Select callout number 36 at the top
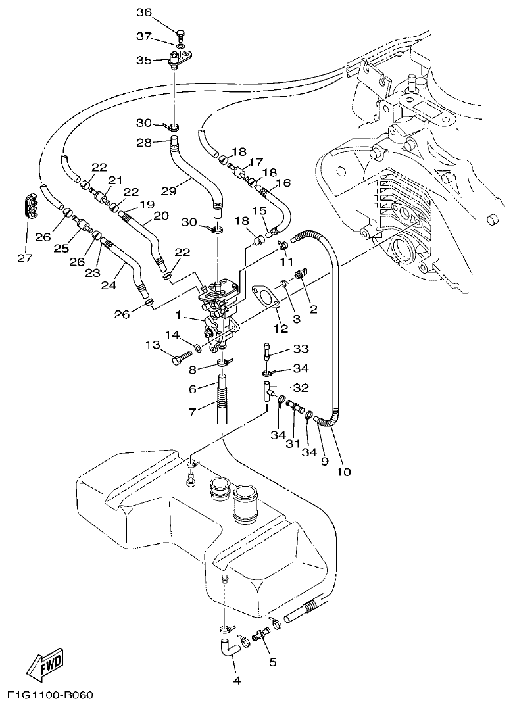pos(143,12)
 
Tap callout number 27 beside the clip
pos(24,258)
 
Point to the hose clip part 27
pos(29,206)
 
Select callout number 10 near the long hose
pos(344,471)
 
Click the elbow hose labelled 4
pos(229,648)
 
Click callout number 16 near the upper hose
pos(283,183)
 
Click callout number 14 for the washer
pos(172,335)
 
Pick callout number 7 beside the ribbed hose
pos(193,411)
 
